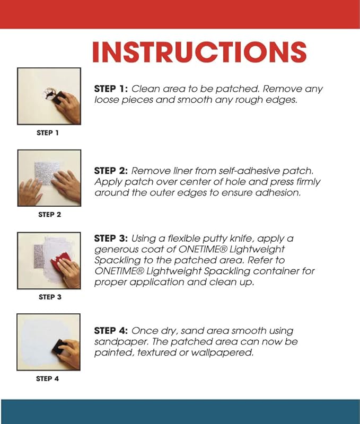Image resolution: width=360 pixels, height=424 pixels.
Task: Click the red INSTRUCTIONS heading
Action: [199, 52]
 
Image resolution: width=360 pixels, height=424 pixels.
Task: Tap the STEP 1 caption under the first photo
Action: [48, 133]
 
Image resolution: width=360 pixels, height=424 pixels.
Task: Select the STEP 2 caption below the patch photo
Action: [50, 215]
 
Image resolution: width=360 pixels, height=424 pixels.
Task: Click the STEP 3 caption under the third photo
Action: [50, 297]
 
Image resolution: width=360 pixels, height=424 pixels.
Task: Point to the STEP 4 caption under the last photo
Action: [47, 378]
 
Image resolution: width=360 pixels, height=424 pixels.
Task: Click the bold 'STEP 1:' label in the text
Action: [111, 89]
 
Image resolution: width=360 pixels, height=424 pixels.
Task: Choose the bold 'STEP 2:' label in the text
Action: [111, 171]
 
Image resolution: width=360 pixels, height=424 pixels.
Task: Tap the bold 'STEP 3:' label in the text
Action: [111, 238]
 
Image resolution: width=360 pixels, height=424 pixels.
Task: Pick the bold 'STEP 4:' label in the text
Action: [111, 330]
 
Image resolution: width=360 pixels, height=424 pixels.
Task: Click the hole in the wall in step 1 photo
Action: [49, 94]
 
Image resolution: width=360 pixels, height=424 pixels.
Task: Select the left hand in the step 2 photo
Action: [30, 191]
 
